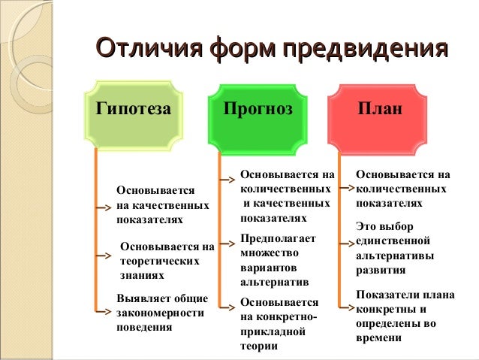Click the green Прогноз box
[258, 109]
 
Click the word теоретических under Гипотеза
[159, 261]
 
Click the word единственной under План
[393, 241]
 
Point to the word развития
[381, 270]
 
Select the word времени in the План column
[379, 337]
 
